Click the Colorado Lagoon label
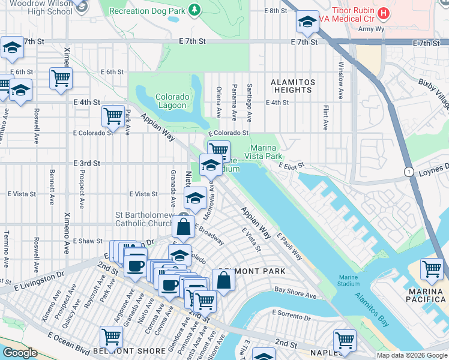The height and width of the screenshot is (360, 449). point(172,101)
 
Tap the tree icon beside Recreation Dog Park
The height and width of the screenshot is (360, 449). point(194,10)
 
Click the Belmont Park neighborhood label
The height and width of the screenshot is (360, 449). point(252,271)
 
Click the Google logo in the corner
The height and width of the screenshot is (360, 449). point(20,353)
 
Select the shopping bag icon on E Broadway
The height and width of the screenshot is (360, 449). point(183,227)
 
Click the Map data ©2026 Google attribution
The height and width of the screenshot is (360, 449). point(411,355)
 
